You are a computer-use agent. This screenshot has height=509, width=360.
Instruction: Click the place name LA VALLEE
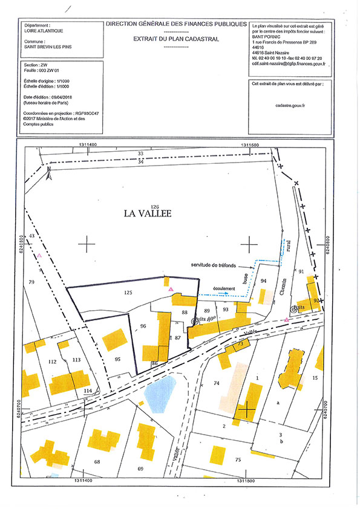[148, 213]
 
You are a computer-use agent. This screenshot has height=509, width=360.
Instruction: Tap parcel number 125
[128, 292]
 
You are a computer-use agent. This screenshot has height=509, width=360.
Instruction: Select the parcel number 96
[143, 326]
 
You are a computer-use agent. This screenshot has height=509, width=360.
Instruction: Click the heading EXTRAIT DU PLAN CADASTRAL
[176, 38]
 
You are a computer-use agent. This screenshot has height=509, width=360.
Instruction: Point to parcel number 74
[217, 384]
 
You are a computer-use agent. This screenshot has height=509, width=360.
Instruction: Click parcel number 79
[31, 282]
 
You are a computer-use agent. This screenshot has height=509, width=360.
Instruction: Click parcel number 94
[263, 281]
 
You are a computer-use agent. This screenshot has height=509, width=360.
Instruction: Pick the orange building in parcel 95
[114, 340]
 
